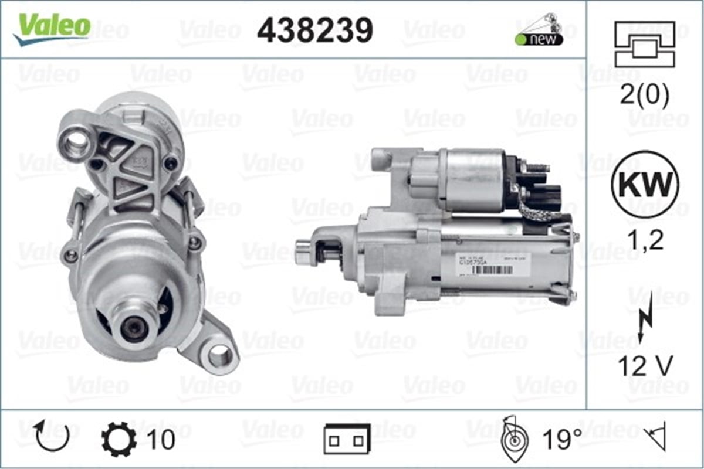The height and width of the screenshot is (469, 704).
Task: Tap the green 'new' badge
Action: [539, 39]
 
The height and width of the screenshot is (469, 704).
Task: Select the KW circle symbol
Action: [645, 186]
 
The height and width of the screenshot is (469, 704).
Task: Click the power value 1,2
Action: [644, 240]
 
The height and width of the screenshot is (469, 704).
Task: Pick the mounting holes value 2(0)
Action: [644, 97]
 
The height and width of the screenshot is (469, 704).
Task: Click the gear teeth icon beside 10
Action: [119, 439]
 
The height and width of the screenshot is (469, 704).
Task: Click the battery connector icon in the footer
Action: [347, 439]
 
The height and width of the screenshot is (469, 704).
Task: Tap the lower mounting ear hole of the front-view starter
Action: [221, 354]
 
